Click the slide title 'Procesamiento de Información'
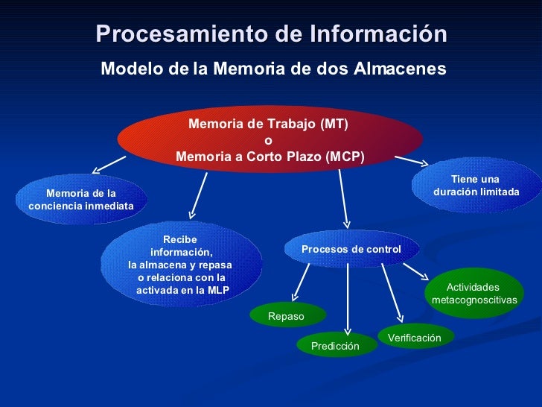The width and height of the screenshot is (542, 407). (x=271, y=34)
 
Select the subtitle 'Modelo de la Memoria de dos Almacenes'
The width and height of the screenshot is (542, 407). (x=273, y=69)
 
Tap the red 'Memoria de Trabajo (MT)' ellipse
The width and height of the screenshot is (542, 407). (x=270, y=140)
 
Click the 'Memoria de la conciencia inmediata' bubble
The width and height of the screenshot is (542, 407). (x=81, y=200)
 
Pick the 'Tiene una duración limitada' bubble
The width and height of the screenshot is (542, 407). (x=476, y=186)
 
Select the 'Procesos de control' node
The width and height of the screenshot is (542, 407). (x=351, y=249)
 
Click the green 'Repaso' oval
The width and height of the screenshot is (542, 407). (x=287, y=316)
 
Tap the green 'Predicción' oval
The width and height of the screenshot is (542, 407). (x=335, y=346)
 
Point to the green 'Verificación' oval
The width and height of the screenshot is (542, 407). (x=415, y=338)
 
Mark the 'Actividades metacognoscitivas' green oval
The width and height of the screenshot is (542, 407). (x=474, y=293)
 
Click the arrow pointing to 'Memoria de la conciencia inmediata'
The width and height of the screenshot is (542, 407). (x=109, y=164)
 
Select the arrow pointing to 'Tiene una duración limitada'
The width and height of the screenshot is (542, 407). (x=412, y=160)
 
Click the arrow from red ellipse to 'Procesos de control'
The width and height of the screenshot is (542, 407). (x=343, y=198)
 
